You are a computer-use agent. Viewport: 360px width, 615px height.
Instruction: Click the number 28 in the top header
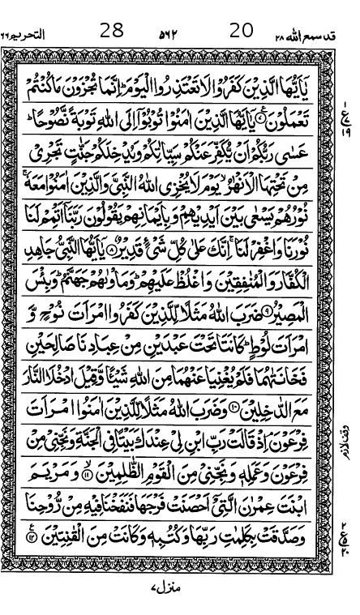[112, 32]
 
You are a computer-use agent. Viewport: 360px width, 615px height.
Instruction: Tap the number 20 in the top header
[242, 32]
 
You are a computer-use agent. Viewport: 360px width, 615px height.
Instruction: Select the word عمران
[282, 507]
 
